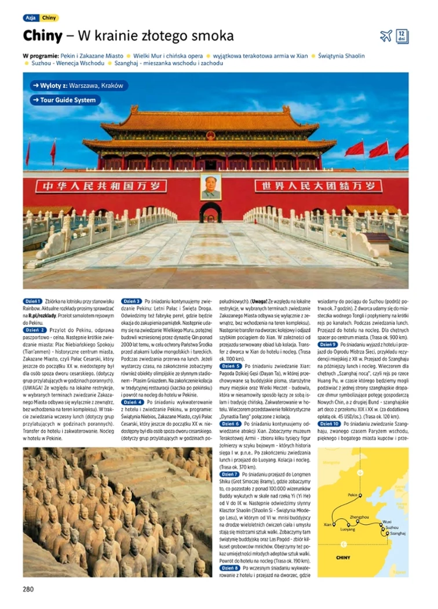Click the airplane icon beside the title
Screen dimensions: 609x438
[386, 36]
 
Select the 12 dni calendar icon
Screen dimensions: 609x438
[402, 36]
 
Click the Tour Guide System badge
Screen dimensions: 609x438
[65, 100]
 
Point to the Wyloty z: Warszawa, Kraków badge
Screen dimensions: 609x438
[78, 86]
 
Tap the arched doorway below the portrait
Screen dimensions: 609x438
[210, 213]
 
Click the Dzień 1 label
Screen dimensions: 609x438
[32, 301]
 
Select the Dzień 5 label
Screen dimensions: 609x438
[230, 366]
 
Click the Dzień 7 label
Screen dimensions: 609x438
[230, 474]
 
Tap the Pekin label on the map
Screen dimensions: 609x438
[353, 495]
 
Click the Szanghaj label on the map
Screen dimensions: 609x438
[397, 533]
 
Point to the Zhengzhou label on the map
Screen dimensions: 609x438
[359, 516]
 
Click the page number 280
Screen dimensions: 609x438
[29, 589]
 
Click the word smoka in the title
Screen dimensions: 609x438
[214, 36]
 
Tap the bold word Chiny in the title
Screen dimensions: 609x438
[42, 36]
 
